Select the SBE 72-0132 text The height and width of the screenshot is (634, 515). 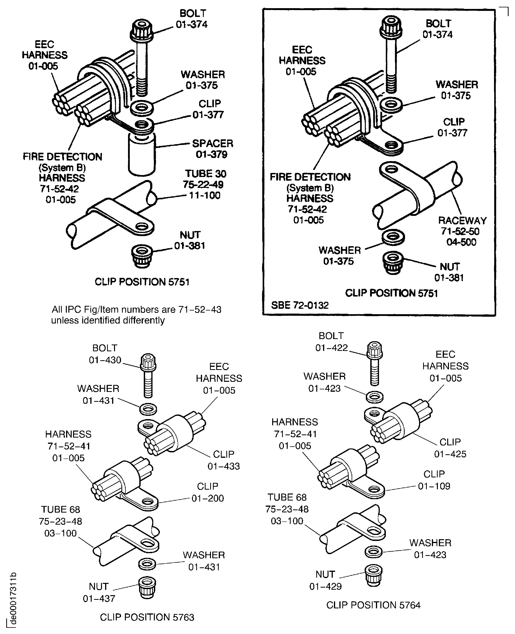click(x=300, y=305)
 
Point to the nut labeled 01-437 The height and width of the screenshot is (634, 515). click(x=147, y=588)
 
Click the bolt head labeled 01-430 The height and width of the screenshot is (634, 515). click(x=148, y=362)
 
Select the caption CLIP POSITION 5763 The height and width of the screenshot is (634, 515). click(x=147, y=617)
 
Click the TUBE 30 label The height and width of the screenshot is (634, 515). click(x=205, y=174)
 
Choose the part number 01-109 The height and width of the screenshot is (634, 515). click(x=434, y=486)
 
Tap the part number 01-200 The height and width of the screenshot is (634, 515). click(x=208, y=498)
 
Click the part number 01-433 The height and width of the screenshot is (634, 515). click(x=223, y=466)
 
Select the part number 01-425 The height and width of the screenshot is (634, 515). click(x=450, y=454)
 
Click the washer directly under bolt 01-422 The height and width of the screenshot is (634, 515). click(x=375, y=397)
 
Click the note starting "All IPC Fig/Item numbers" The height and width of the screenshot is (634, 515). click(x=136, y=315)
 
